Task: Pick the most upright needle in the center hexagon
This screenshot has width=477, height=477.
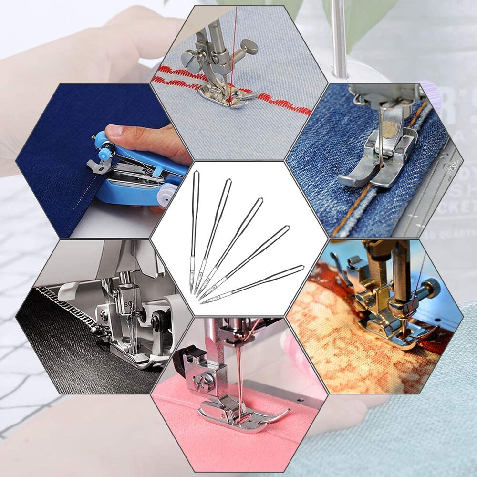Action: [x=194, y=229]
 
